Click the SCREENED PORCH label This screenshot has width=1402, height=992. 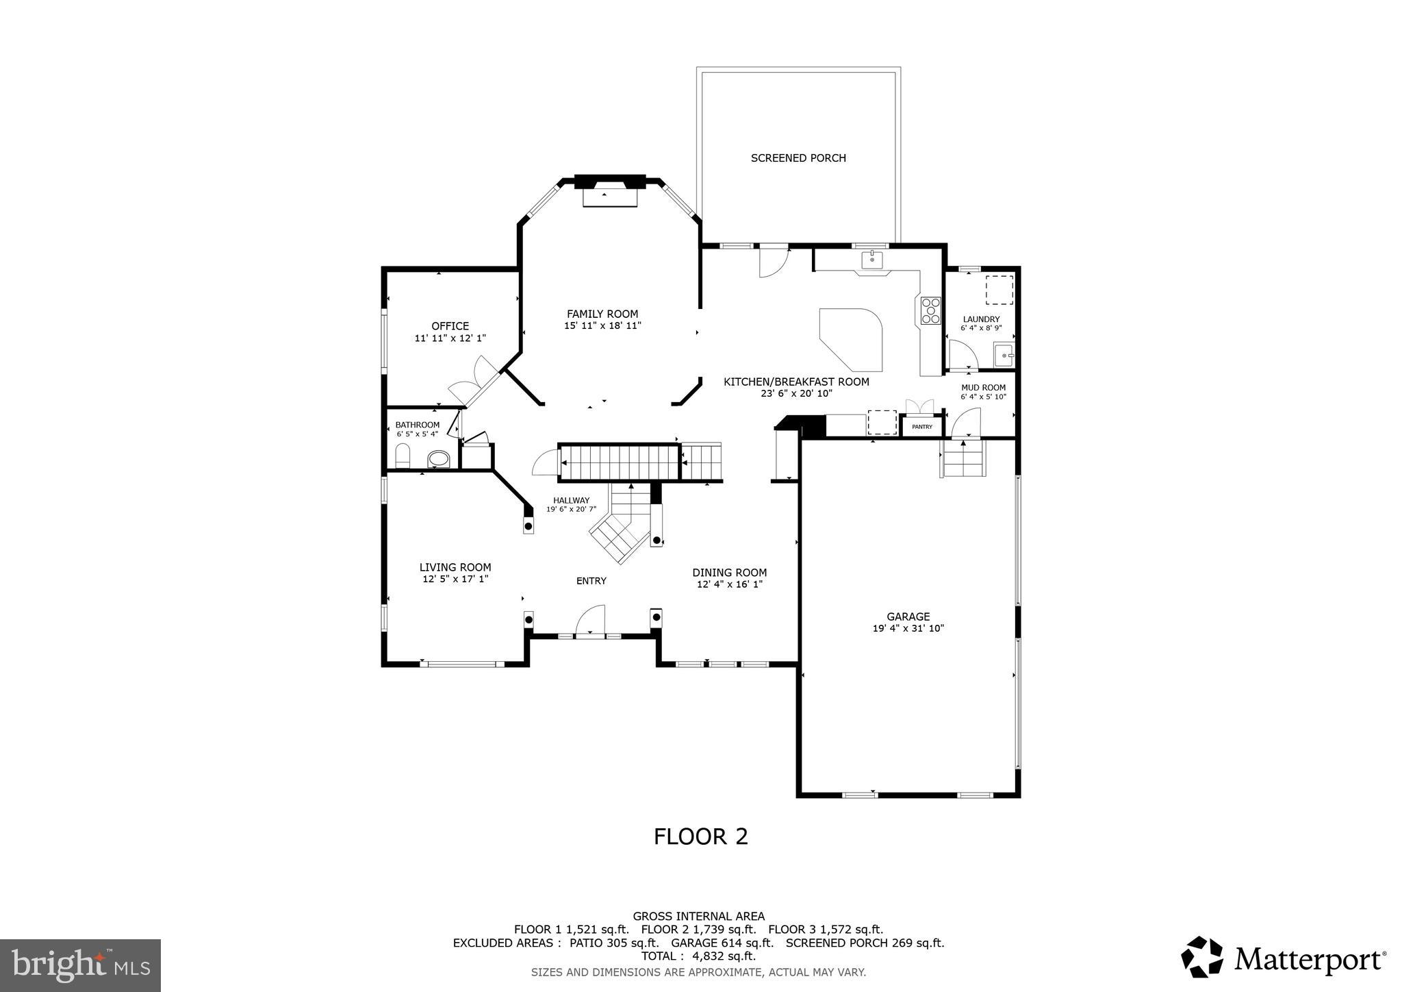tap(798, 158)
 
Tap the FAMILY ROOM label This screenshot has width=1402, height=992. tap(602, 314)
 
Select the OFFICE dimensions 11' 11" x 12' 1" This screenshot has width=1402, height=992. tap(450, 338)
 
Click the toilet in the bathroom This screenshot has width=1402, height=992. tap(403, 456)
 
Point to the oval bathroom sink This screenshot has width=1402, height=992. tap(438, 458)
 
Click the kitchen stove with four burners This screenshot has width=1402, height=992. tap(930, 311)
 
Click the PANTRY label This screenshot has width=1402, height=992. tap(922, 427)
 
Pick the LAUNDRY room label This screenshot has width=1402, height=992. tap(981, 319)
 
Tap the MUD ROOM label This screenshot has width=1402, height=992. tap(983, 388)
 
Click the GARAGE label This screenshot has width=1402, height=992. tap(908, 617)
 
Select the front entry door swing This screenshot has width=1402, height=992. tap(591, 621)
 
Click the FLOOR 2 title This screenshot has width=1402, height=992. tap(700, 836)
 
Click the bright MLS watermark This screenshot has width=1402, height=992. tap(80, 965)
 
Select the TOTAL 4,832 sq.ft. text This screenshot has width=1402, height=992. tap(698, 956)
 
